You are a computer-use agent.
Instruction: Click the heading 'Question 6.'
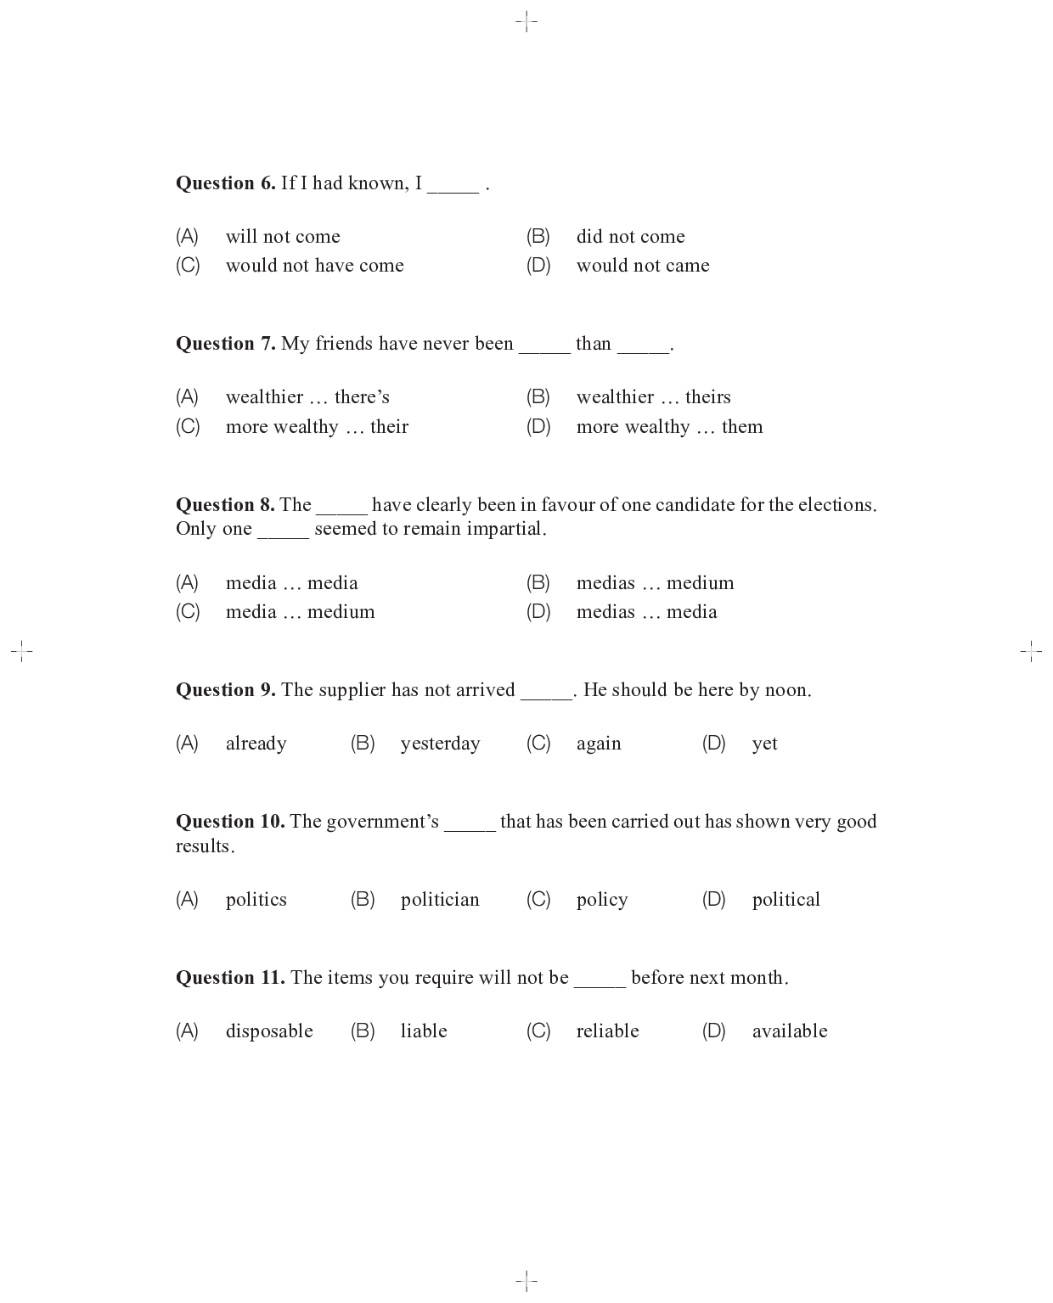[225, 183]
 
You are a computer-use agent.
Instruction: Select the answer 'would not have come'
[314, 266]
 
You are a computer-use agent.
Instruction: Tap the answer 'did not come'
[630, 237]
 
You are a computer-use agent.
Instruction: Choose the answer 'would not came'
[642, 266]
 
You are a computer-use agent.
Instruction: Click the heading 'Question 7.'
[225, 344]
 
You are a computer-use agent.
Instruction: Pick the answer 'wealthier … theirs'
[653, 397]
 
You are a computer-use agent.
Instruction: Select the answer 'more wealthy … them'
[669, 427]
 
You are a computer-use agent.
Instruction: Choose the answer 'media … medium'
[300, 612]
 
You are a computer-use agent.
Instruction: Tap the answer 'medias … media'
[646, 612]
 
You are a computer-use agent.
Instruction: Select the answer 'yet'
[764, 744]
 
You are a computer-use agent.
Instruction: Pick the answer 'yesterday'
[440, 744]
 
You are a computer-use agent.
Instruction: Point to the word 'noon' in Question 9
[786, 690]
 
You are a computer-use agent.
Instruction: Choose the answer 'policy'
[601, 900]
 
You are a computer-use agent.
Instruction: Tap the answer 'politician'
[440, 900]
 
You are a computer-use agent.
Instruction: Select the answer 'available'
[789, 1031]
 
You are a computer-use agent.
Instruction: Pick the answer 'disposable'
[269, 1031]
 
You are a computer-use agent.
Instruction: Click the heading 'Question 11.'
[230, 978]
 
